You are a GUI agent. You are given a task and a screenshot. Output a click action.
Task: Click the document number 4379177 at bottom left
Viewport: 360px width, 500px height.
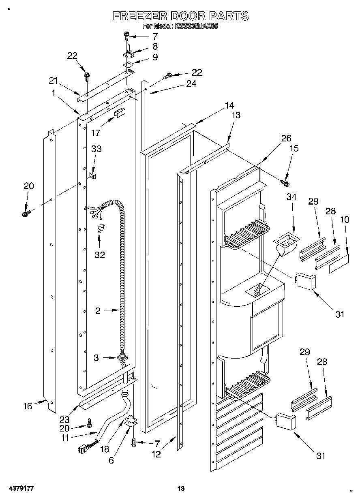point(20,488)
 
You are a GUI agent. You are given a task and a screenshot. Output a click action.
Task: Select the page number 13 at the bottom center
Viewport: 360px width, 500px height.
point(181,489)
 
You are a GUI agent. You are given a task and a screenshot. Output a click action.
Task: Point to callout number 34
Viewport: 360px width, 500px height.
point(292,197)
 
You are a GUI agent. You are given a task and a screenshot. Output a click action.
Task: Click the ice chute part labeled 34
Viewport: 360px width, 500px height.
point(287,245)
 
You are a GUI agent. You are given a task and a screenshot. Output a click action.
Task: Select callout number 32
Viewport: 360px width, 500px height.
point(99,255)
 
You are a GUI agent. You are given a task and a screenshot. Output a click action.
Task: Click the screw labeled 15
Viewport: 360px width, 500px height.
point(285,184)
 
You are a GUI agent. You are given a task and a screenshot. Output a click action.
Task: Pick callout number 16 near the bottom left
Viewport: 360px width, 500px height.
point(28,406)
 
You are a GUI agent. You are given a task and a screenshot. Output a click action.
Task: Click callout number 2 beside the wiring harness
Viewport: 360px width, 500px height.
point(98,311)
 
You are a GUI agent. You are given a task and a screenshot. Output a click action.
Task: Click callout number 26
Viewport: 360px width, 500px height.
point(287,138)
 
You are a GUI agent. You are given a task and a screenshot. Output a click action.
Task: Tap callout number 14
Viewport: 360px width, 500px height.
point(229,106)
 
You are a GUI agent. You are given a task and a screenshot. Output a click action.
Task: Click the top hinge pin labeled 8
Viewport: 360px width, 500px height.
point(128,51)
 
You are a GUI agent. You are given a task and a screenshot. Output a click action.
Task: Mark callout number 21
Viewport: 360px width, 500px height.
point(54,81)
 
